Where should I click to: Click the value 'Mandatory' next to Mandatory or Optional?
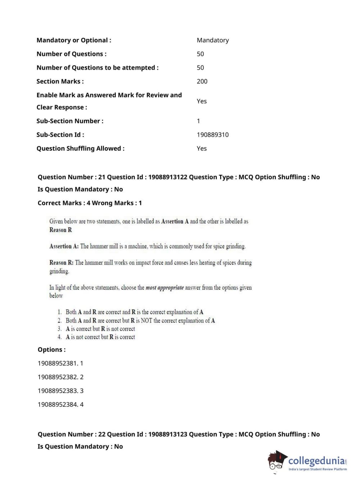tap(213, 40)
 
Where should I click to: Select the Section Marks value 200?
tap(202, 81)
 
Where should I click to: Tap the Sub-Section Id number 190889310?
tap(213, 135)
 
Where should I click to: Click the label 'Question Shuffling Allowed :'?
tap(81, 148)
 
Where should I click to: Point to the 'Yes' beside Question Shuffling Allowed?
tap(201, 148)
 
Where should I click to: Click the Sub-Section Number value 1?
tap(198, 121)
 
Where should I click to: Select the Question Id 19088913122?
tap(168, 177)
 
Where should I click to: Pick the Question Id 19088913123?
tap(168, 434)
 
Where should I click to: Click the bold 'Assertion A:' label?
tap(64, 247)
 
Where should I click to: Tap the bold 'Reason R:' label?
tap(61, 263)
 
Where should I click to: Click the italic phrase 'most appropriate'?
tap(164, 288)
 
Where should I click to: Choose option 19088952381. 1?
tap(60, 363)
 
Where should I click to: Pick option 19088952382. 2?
tap(60, 377)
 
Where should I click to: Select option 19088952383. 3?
tap(60, 391)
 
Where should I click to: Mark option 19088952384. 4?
tap(60, 405)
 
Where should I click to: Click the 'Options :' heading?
tap(52, 350)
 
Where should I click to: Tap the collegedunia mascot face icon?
tap(277, 461)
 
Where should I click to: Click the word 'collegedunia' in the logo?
tap(316, 461)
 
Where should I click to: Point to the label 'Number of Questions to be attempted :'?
tap(97, 68)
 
